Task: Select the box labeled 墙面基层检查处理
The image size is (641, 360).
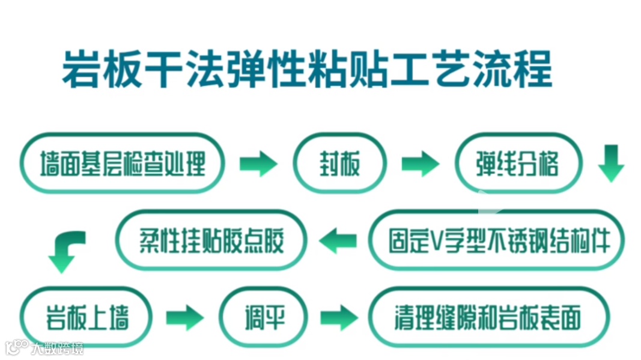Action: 123,163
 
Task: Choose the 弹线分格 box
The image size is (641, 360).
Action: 517,163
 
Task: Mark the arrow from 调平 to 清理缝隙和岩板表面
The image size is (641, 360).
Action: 338,317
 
